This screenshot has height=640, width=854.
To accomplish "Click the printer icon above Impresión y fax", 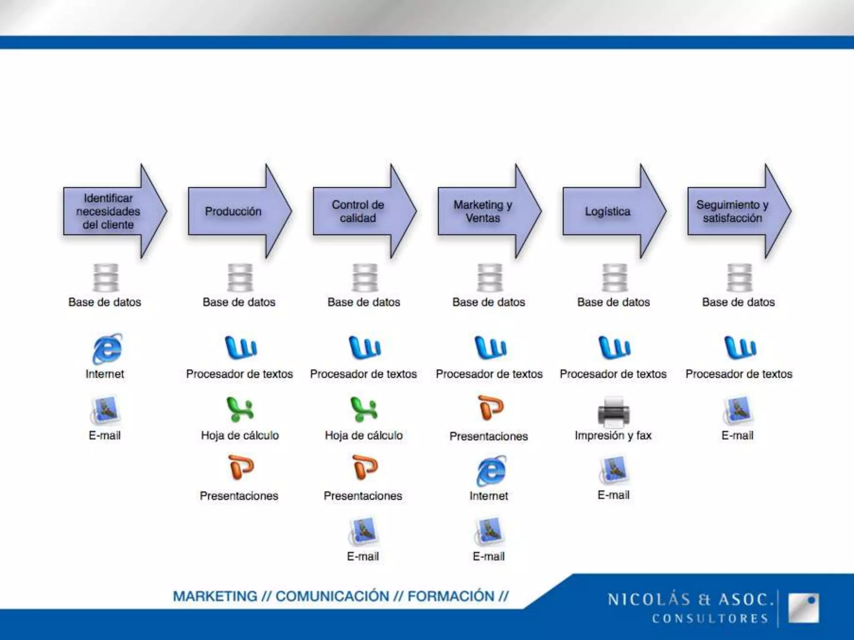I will (x=613, y=412).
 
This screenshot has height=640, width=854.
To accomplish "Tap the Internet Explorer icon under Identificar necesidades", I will (x=107, y=348).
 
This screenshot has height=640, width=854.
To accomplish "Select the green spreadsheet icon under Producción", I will (x=240, y=409).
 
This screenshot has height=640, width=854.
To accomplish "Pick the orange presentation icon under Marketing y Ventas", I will (x=490, y=408).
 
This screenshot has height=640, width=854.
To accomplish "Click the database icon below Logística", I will (x=614, y=277).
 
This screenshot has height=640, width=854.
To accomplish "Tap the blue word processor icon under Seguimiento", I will (x=740, y=347).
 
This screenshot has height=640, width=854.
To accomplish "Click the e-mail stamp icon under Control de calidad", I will (x=363, y=531).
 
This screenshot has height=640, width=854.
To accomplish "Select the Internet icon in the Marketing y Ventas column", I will (x=491, y=471).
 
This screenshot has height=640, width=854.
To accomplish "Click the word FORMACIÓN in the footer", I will (x=451, y=596).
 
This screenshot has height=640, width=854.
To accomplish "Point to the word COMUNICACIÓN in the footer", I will (x=332, y=596).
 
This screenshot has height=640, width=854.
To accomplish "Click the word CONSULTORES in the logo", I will (x=710, y=618).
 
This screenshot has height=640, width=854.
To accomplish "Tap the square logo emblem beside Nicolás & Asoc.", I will (x=803, y=608).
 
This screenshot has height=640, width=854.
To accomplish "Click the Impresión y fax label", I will (x=613, y=435).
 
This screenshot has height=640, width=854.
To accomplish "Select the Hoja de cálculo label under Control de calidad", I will (x=364, y=435).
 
